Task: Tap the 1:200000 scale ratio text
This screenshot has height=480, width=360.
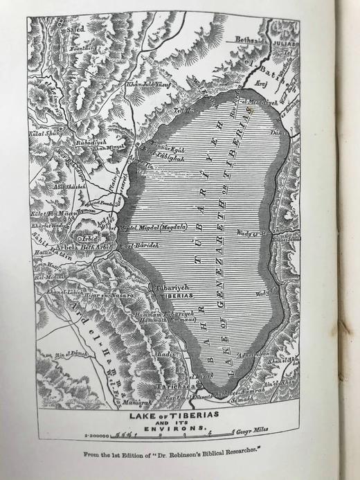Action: pyautogui.click(x=99, y=436)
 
